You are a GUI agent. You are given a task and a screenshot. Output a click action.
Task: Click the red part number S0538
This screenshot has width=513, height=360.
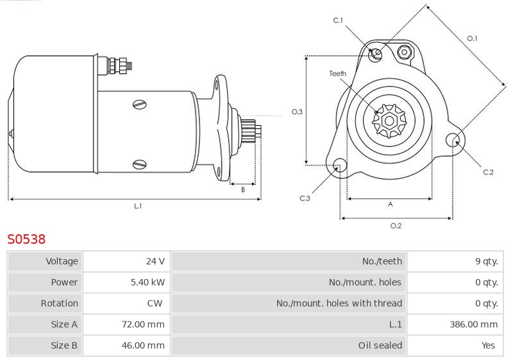[26, 239]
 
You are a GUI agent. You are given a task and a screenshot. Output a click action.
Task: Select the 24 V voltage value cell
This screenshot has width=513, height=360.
[126, 261]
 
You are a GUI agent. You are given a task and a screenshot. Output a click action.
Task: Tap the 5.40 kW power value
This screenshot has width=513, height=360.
[147, 282]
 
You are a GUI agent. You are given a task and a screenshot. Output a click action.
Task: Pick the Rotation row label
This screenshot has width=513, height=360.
[59, 304]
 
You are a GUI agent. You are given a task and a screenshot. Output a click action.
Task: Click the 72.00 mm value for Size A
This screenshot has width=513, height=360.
[143, 324]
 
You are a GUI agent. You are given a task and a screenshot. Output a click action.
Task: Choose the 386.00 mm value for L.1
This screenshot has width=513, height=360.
[473, 324]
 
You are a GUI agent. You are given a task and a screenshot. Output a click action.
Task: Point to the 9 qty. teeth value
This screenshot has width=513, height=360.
[487, 261]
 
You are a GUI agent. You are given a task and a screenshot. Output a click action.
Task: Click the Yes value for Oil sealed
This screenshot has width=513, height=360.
[488, 345]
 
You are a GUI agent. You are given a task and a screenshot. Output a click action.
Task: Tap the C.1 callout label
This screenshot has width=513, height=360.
[338, 21]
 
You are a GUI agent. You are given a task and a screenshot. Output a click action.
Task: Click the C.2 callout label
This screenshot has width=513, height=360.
[488, 172]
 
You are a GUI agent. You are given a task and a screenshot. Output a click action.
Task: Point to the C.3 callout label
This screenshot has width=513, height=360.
[305, 198]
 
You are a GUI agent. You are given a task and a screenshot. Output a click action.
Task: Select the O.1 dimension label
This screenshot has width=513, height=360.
[472, 39]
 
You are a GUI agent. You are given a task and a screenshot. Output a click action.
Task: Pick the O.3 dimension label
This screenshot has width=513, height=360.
[297, 112]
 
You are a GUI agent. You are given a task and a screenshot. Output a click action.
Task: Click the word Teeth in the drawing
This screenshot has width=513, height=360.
[338, 73]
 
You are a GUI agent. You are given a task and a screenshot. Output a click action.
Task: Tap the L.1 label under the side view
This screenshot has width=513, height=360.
[138, 206]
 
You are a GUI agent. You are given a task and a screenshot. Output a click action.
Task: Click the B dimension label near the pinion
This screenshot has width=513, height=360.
[243, 189]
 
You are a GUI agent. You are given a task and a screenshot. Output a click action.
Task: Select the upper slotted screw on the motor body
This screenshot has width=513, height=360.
[140, 105]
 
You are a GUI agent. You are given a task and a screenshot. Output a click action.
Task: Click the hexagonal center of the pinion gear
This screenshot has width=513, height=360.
[389, 121]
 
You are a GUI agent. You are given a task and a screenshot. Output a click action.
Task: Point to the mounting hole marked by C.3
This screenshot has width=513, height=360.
[340, 166]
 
